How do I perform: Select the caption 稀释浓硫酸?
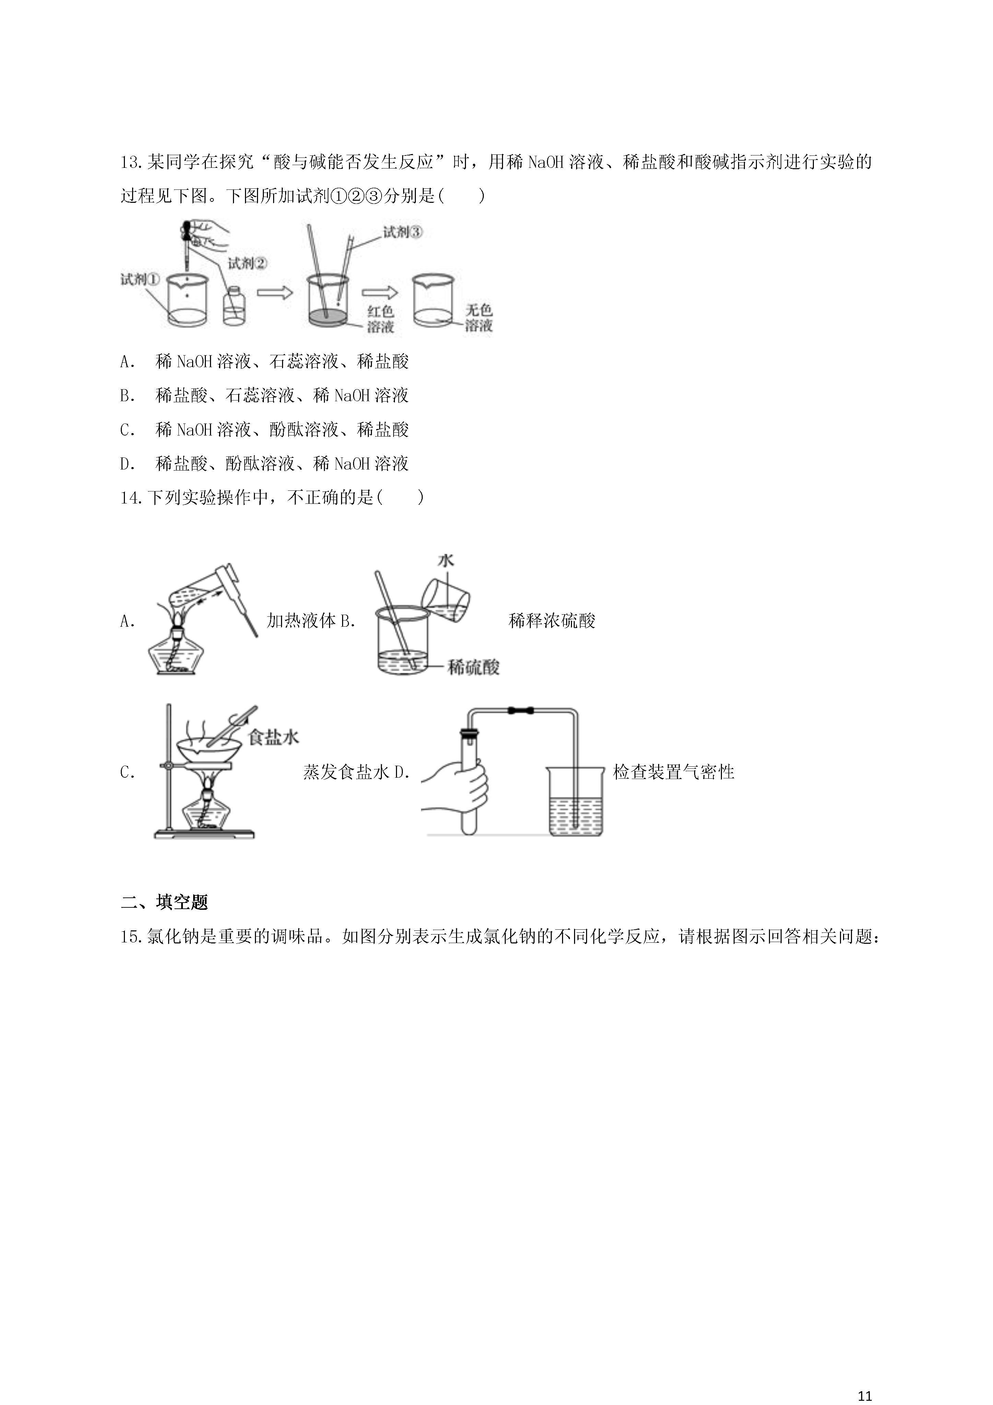click(x=552, y=621)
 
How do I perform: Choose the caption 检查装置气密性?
click(x=674, y=772)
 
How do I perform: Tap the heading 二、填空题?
click(x=165, y=902)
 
